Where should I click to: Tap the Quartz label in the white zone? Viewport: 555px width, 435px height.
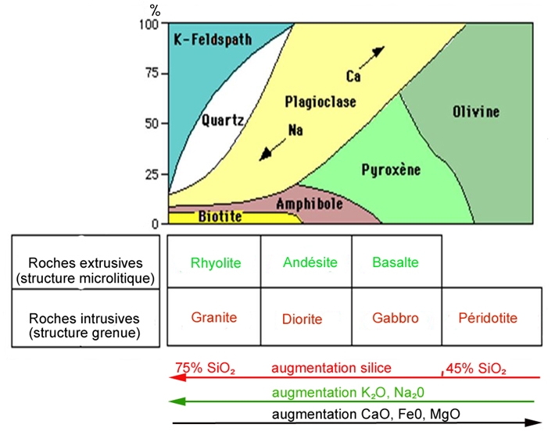223,120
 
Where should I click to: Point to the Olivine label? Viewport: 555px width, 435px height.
475,112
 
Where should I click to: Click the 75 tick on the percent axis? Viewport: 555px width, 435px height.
157,73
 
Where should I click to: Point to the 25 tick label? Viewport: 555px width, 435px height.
157,173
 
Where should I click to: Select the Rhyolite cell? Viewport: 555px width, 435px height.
214,262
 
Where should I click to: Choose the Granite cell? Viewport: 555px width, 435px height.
214,318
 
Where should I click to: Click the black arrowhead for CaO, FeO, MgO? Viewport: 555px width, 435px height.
535,423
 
